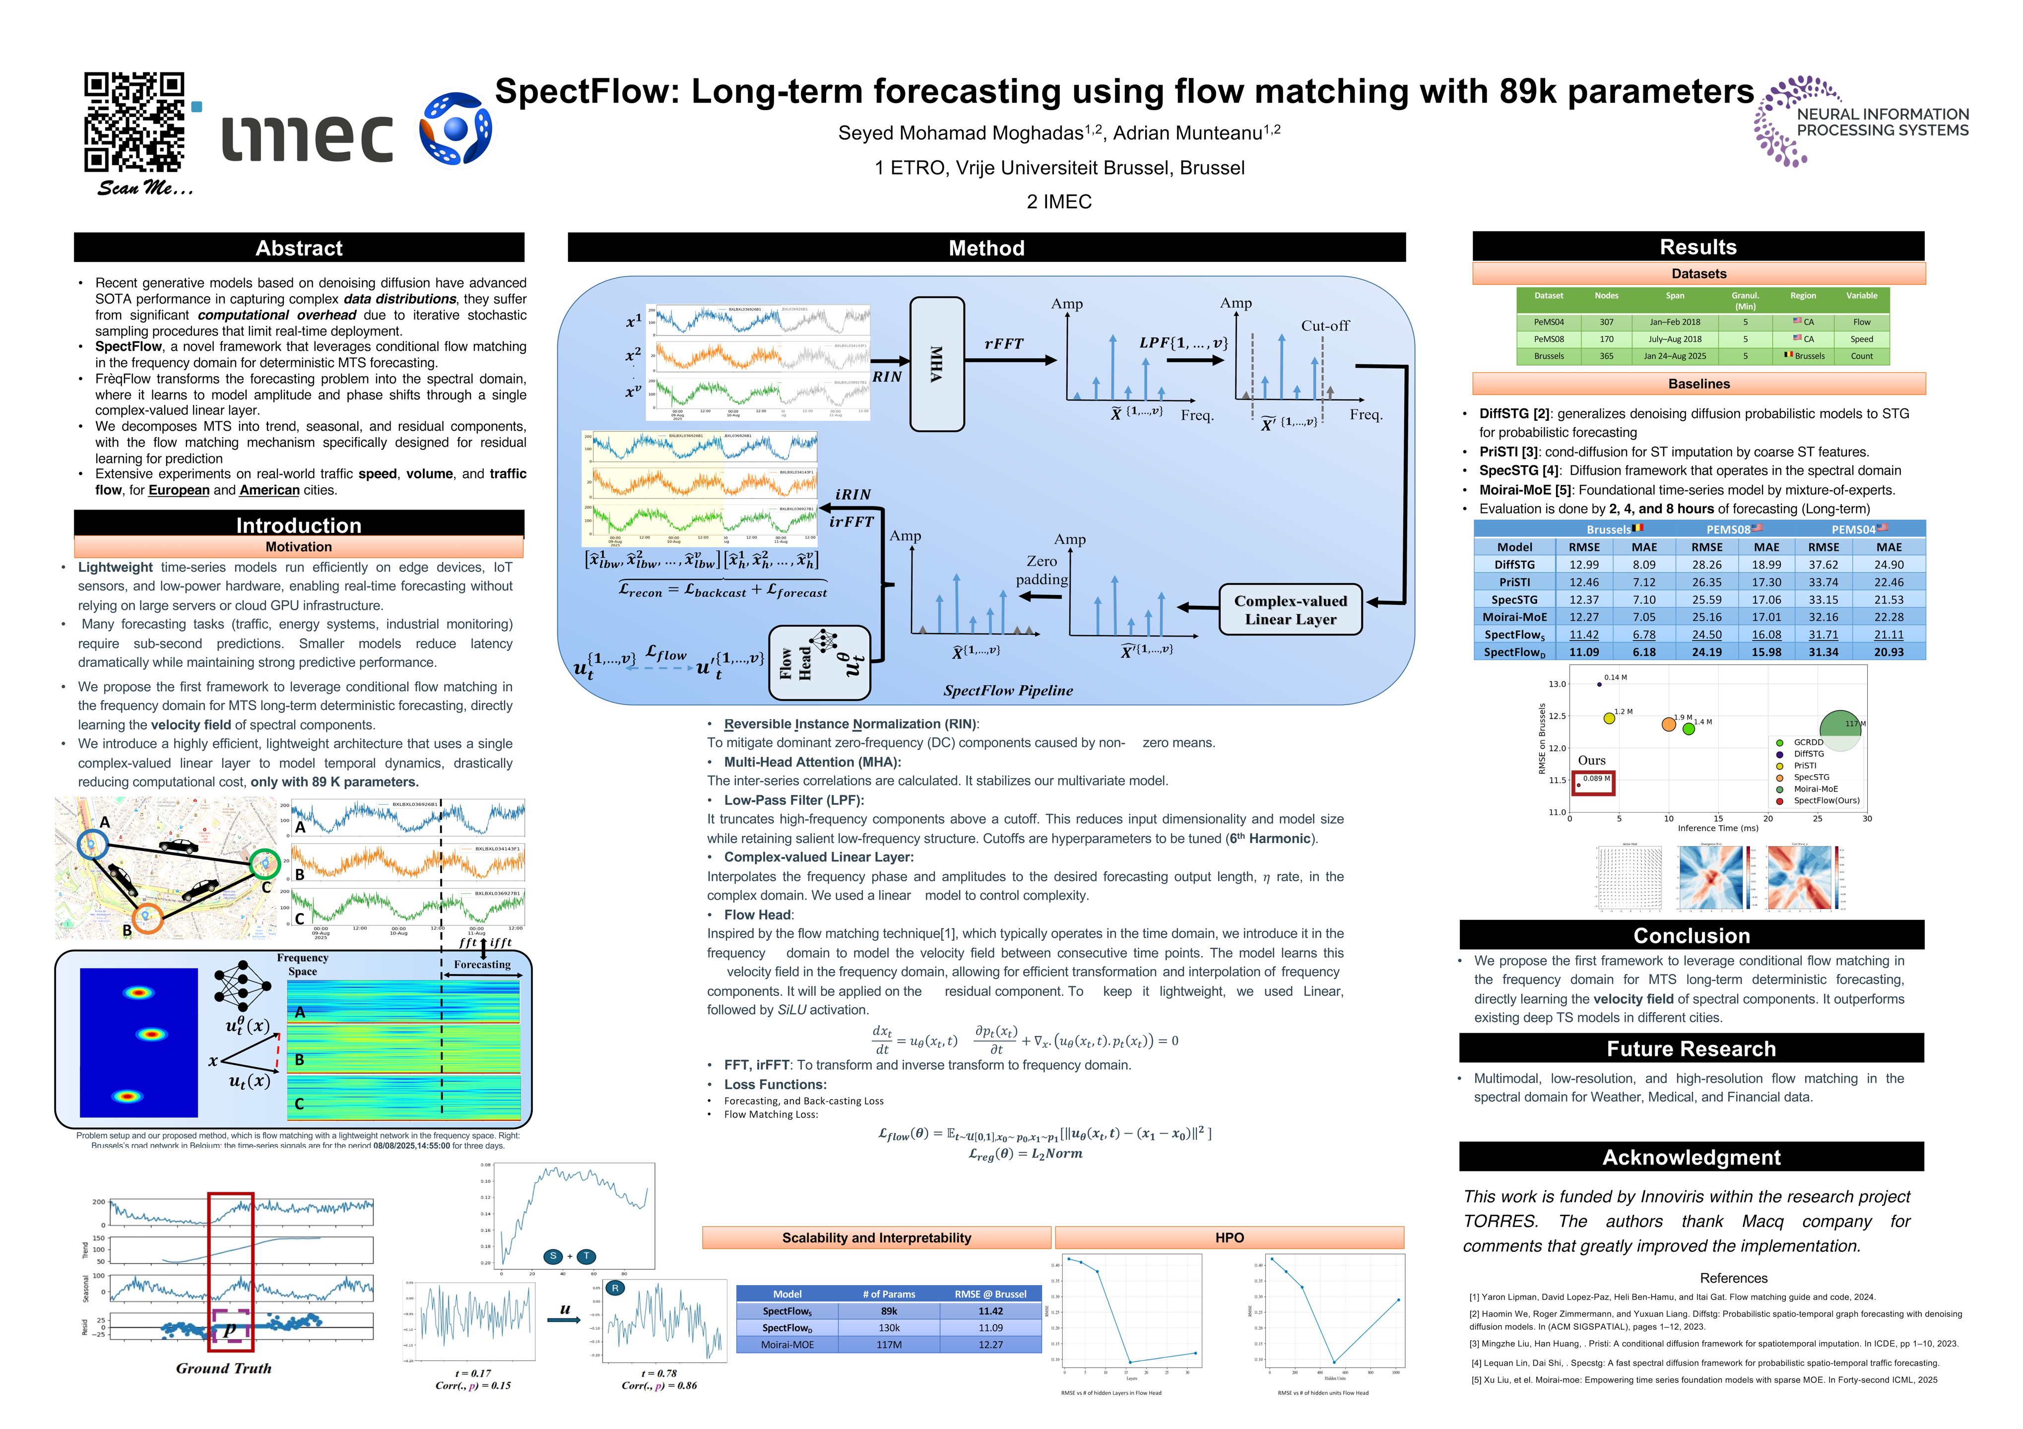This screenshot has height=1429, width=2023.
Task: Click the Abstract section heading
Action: pos(299,248)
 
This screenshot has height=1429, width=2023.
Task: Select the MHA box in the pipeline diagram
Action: pos(937,364)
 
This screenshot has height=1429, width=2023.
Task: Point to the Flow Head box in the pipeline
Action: pos(819,662)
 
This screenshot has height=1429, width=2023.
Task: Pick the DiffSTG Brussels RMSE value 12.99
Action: pos(1583,565)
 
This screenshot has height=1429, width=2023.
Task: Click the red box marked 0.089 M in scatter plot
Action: pos(1594,781)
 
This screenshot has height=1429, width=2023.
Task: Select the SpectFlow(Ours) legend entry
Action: pos(1826,801)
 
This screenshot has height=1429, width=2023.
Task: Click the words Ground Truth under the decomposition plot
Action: pos(224,1368)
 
